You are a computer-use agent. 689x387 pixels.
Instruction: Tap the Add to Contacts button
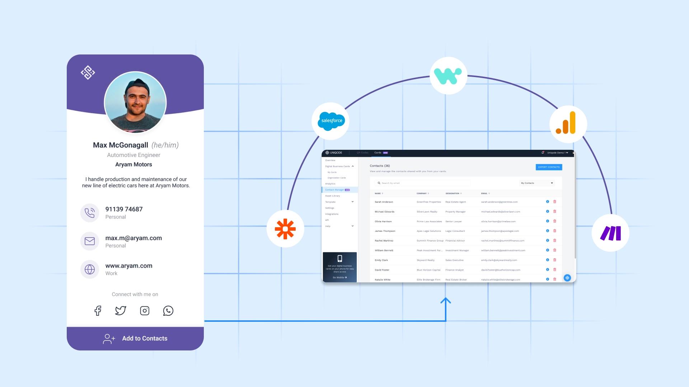click(135, 339)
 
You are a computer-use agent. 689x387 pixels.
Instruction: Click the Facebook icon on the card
click(98, 311)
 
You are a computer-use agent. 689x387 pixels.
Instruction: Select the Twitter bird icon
click(121, 311)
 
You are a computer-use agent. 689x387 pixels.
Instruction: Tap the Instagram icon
click(145, 311)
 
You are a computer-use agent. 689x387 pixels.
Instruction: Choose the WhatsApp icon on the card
click(168, 311)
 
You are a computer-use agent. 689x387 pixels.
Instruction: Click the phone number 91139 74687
click(124, 209)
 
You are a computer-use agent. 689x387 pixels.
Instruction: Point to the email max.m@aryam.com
click(133, 238)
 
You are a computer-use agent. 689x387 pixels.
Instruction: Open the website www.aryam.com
click(129, 266)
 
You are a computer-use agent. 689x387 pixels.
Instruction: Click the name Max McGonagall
click(121, 145)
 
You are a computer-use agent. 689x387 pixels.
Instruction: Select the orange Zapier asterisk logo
click(285, 229)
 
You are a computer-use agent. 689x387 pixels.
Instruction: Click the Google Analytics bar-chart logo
click(568, 124)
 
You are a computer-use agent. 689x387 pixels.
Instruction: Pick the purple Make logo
click(610, 233)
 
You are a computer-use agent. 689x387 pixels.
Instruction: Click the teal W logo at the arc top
click(448, 76)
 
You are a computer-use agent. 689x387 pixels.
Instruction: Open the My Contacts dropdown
click(537, 183)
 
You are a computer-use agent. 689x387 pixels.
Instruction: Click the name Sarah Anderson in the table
click(384, 202)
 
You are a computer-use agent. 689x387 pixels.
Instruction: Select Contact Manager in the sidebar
click(335, 190)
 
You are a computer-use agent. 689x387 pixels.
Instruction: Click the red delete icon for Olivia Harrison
click(555, 221)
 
